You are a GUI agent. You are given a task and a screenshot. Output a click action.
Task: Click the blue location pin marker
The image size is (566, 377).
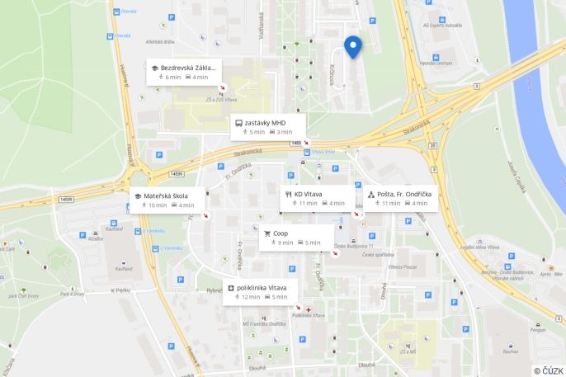pos(354,47)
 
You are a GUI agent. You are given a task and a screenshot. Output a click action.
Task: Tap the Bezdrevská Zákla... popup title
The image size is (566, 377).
pos(188,67)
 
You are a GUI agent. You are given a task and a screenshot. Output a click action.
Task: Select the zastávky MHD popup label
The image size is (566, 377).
pos(265,123)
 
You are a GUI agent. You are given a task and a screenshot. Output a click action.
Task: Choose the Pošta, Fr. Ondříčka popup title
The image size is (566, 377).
pos(404,194)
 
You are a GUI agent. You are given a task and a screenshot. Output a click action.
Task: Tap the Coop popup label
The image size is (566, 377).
pos(281,233)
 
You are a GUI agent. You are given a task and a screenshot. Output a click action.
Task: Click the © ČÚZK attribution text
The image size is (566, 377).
pos(549,370)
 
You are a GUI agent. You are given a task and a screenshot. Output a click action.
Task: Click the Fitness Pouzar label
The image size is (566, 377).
pos(404,267)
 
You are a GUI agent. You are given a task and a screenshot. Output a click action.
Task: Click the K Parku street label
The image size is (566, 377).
pos(121,290)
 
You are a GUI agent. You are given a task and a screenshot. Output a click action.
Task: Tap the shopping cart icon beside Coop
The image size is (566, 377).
pos(266,233)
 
